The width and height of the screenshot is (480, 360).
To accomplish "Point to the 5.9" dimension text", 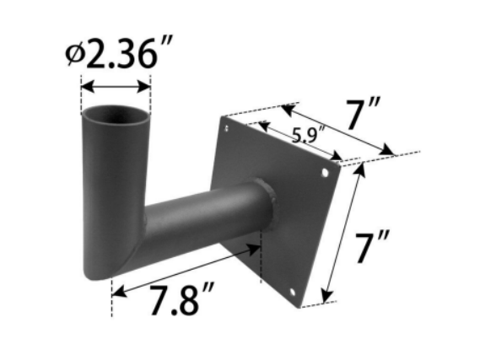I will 310,134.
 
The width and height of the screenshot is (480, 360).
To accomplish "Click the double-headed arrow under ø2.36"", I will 116,85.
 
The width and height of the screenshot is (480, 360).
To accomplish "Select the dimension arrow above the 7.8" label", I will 185,266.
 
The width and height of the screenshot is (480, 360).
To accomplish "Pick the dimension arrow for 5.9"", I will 300,142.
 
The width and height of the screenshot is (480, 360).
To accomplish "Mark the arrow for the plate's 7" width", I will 337,130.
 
